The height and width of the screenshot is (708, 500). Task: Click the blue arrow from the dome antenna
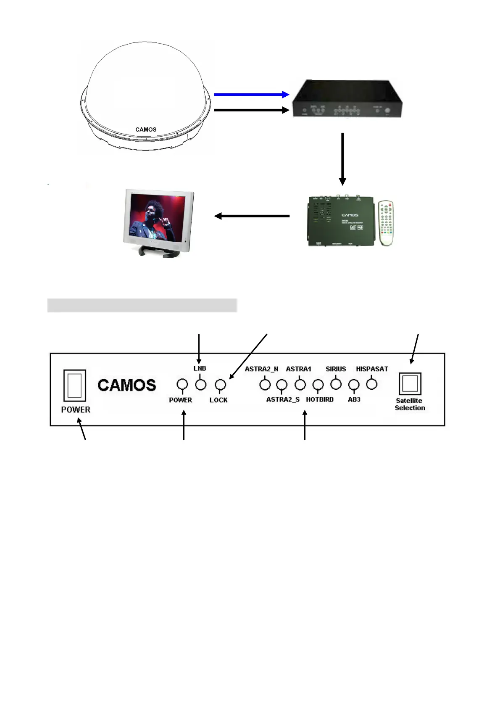click(251, 95)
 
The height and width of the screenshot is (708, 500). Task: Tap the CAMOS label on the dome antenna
click(146, 129)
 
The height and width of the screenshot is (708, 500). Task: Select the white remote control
click(386, 223)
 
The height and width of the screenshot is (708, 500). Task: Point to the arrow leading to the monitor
click(252, 216)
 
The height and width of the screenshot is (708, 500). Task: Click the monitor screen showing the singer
click(158, 217)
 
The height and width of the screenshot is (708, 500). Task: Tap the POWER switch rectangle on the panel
click(75, 385)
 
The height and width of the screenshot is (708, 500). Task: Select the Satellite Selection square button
click(410, 383)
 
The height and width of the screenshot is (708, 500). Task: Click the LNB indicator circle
click(201, 384)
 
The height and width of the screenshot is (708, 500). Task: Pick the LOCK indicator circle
click(220, 384)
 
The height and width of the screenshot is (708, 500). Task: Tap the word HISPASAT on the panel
click(372, 369)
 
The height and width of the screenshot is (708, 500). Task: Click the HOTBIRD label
click(320, 399)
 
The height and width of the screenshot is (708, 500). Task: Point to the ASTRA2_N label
click(261, 369)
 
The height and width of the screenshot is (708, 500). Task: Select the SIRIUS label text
click(336, 369)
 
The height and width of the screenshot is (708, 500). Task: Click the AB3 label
click(354, 399)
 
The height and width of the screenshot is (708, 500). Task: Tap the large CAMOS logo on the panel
click(127, 385)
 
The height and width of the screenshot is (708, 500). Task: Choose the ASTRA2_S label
click(283, 399)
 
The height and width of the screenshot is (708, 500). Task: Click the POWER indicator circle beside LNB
click(182, 384)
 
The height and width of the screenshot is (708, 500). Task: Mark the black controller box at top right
click(347, 99)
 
